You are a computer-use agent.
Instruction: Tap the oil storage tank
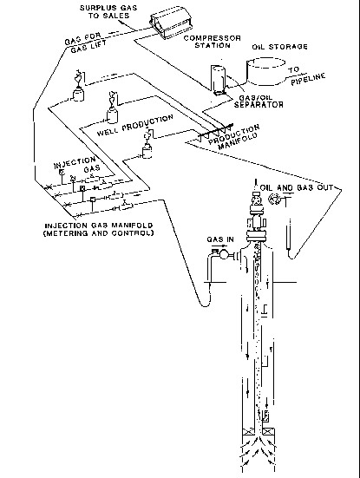pos(265,71)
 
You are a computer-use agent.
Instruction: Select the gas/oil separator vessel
pos(218,79)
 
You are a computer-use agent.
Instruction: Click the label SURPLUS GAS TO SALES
pos(108,11)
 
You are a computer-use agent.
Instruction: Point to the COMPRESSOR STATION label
pos(213,42)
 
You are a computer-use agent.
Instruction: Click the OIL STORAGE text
pos(279,47)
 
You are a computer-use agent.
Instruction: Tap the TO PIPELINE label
pos(306,75)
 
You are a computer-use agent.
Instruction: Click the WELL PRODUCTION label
pos(135,125)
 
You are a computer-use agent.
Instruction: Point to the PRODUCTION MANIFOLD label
pos(235,137)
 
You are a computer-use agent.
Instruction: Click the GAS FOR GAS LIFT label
pos(85,43)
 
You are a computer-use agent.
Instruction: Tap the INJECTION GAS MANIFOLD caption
pos(99,230)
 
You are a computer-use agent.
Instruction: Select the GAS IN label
pos(220,239)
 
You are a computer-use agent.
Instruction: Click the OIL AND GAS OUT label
pos(297,187)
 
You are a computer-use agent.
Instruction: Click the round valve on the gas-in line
pos(224,254)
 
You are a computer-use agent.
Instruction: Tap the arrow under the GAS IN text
pos(219,246)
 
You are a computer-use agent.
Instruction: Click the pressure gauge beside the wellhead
pos(273,199)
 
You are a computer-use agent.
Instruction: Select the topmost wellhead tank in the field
pos(78,94)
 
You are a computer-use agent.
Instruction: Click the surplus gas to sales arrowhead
pos(120,22)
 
